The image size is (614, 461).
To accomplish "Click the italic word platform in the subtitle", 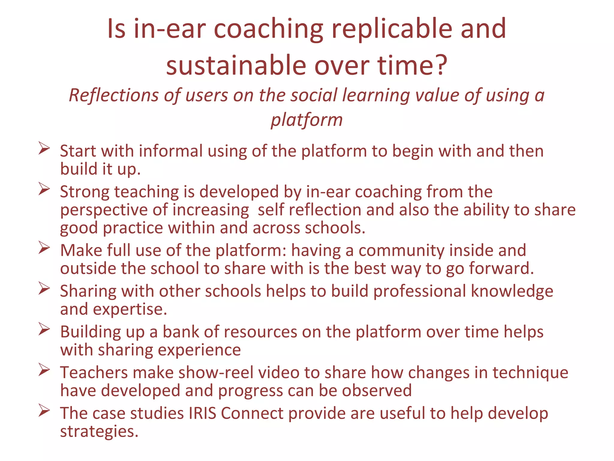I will click(306, 120).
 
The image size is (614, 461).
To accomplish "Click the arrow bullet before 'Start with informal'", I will click(44, 149).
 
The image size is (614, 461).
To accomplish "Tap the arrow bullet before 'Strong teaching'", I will click(44, 189).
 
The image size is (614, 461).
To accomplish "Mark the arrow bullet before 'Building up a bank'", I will click(44, 329).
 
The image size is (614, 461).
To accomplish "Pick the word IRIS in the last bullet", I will click(202, 413).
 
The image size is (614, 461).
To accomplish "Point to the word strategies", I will click(99, 432).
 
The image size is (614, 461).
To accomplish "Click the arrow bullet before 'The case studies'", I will click(44, 411).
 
